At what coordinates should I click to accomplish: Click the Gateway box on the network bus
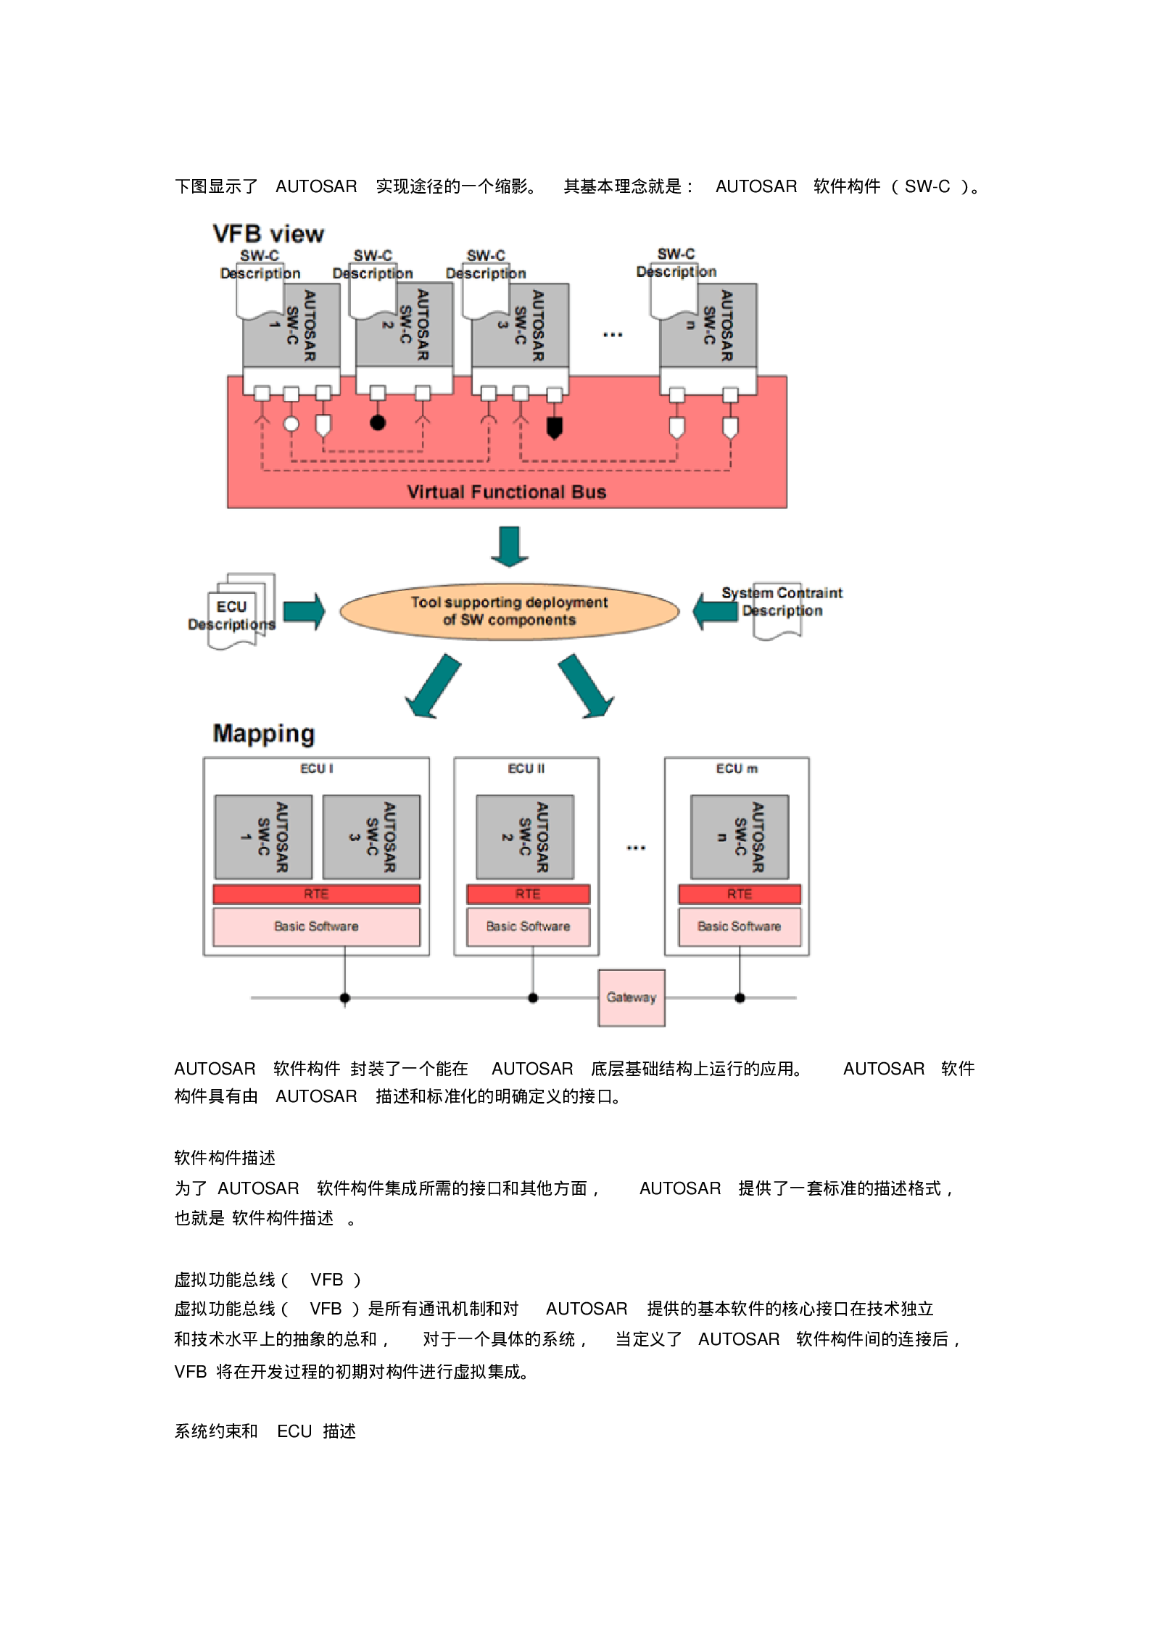[x=631, y=998]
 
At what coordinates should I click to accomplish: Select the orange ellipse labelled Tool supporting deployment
[x=509, y=611]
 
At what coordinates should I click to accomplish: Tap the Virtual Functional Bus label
[x=506, y=492]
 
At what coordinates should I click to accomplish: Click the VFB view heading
[x=268, y=234]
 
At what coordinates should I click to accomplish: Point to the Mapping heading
[x=264, y=734]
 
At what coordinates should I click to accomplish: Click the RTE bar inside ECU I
[x=316, y=894]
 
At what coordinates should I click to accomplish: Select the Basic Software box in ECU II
[x=528, y=927]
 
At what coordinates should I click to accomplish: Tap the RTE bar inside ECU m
[x=740, y=894]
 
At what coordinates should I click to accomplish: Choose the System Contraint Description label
[x=782, y=602]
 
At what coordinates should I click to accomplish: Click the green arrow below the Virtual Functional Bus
[x=510, y=546]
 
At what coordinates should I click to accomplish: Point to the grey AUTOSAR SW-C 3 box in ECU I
[x=371, y=837]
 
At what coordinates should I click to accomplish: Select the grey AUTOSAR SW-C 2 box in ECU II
[x=525, y=837]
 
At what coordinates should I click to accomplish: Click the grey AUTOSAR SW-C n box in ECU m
[x=740, y=837]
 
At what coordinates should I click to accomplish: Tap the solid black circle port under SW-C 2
[x=378, y=423]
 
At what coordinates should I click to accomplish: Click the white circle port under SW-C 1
[x=291, y=424]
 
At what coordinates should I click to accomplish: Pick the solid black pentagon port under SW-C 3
[x=555, y=427]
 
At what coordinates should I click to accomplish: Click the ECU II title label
[x=526, y=769]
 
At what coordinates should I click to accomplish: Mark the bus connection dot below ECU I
[x=345, y=998]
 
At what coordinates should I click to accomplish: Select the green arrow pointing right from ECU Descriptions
[x=304, y=612]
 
